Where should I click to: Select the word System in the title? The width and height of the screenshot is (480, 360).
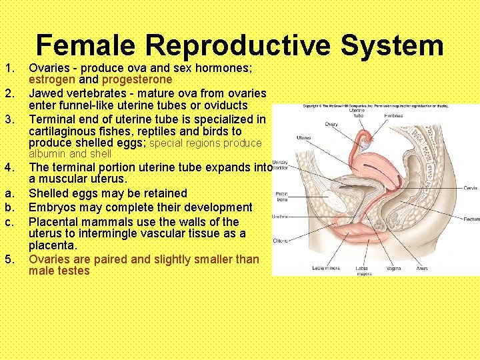pos(391,45)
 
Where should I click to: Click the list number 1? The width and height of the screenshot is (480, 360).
pos(9,67)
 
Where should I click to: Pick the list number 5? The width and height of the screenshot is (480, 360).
pos(9,259)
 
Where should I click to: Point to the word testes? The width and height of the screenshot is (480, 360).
pos(73,271)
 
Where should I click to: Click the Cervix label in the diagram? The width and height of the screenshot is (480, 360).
pos(470,188)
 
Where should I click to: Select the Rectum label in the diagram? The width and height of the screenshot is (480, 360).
pos(471,219)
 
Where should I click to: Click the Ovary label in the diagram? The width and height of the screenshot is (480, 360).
pos(331,124)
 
